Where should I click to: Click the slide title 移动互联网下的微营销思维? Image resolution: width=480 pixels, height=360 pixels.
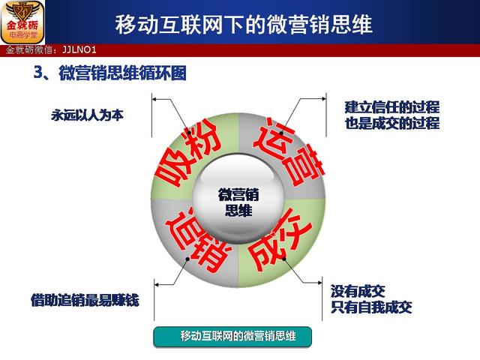[244, 24]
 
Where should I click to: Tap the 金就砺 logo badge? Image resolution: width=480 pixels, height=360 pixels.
[22, 22]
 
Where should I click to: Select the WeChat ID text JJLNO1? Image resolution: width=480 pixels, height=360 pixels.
[79, 50]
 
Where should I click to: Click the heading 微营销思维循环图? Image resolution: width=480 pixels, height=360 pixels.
[122, 73]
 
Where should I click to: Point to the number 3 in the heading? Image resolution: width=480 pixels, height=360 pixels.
[37, 73]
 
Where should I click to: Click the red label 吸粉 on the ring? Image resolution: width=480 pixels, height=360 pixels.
[188, 152]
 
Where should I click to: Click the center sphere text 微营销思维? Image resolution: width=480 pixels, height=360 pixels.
[238, 202]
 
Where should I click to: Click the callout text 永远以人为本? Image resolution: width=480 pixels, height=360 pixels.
[87, 115]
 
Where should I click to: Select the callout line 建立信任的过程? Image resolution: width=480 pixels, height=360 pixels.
[392, 107]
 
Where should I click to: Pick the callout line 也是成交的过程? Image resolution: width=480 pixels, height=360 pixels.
[392, 123]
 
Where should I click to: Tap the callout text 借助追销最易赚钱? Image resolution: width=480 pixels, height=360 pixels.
[85, 300]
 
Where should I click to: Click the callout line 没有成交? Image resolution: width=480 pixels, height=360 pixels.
[358, 291]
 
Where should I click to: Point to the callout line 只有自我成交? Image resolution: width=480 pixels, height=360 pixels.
[371, 307]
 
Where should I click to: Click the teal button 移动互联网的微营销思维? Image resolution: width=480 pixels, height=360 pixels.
[232, 337]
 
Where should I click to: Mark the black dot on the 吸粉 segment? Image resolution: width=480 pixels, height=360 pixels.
[189, 133]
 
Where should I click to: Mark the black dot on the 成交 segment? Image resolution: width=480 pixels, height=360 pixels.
[283, 259]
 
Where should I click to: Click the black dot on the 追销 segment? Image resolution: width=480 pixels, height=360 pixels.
[187, 259]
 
